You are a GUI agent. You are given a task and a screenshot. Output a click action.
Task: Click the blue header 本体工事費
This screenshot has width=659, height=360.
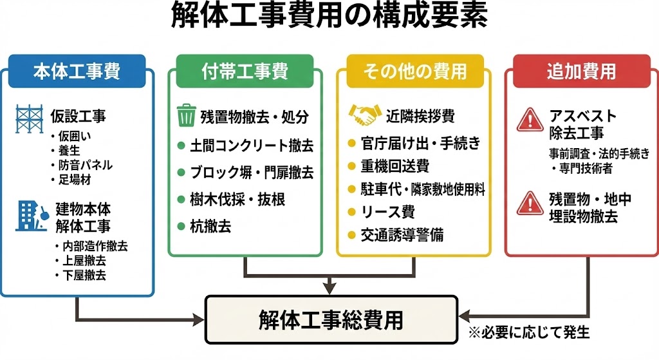pyautogui.click(x=77, y=71)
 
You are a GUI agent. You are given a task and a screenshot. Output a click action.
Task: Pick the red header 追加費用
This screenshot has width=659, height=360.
pyautogui.click(x=581, y=71)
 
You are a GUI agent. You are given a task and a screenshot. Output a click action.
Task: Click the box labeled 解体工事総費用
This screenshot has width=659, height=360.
pyautogui.click(x=331, y=319)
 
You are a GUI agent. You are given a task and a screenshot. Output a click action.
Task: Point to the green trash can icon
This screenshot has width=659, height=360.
pyautogui.click(x=187, y=116)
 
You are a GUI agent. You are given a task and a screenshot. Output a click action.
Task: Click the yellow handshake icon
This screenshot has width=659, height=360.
pyautogui.click(x=364, y=115)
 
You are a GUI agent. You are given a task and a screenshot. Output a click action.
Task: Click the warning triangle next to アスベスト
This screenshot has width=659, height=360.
pyautogui.click(x=530, y=120)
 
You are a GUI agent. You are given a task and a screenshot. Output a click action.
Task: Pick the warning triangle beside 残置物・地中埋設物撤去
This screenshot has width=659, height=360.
pyautogui.click(x=530, y=202)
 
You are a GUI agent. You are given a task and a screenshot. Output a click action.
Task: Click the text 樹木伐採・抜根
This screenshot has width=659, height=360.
pyautogui.click(x=237, y=199)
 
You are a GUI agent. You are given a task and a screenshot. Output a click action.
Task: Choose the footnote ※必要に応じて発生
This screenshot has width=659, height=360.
pyautogui.click(x=529, y=333)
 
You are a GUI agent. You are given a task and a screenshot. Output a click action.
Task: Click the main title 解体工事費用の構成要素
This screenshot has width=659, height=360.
pyautogui.click(x=329, y=17)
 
